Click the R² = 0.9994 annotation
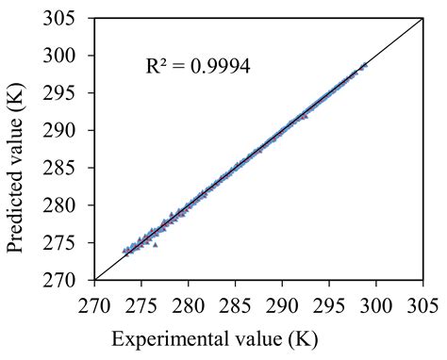198,66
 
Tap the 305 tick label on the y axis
59,18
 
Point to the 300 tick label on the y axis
59,56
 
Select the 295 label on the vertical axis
59,93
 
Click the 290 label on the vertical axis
59,130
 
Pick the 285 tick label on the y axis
59,168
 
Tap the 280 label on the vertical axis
59,205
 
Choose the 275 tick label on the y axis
59,242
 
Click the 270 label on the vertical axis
59,280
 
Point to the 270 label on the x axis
94,305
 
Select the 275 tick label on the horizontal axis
141,305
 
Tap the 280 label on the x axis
189,305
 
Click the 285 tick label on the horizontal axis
235,305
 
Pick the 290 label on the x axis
282,305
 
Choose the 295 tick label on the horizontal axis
329,305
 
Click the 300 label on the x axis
376,305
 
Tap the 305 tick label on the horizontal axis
422,305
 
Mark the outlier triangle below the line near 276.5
155,245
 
